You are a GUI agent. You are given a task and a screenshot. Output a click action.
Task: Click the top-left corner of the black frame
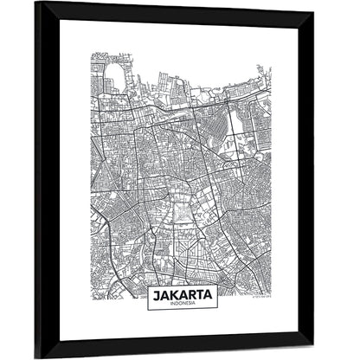coord(36,3)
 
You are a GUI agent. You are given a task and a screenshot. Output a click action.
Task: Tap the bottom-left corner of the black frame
coord(36,357)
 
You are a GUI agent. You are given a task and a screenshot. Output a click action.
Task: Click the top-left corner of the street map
coord(91,54)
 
